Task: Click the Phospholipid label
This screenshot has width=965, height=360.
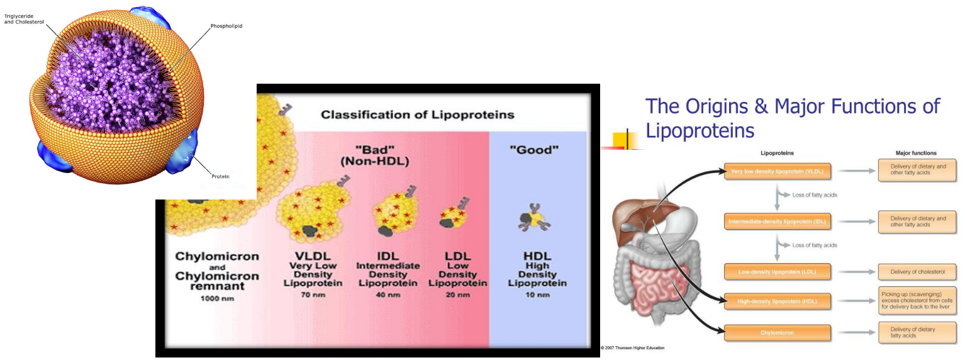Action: [x=226, y=26]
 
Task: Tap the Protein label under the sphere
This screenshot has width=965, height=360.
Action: [x=220, y=177]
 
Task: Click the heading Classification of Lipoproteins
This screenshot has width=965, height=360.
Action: [x=418, y=115]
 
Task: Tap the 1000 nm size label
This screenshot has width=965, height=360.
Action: [x=217, y=298]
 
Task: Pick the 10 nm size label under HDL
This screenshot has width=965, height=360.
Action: [x=537, y=294]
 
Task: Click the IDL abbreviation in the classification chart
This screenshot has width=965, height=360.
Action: [x=388, y=256]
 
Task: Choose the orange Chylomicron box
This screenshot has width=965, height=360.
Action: [x=778, y=332]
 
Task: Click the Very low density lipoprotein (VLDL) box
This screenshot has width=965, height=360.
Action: [x=778, y=171]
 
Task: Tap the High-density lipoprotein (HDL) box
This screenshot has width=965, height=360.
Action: [x=778, y=301]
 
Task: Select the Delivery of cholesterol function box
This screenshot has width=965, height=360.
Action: [x=917, y=272]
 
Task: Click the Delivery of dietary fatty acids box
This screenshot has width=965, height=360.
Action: [x=917, y=332]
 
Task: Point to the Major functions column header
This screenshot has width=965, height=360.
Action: [x=916, y=153]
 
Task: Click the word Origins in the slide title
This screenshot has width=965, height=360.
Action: [x=720, y=106]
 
